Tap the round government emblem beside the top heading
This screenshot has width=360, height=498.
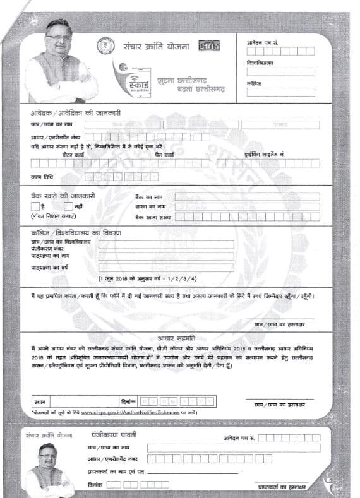(104, 45)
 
